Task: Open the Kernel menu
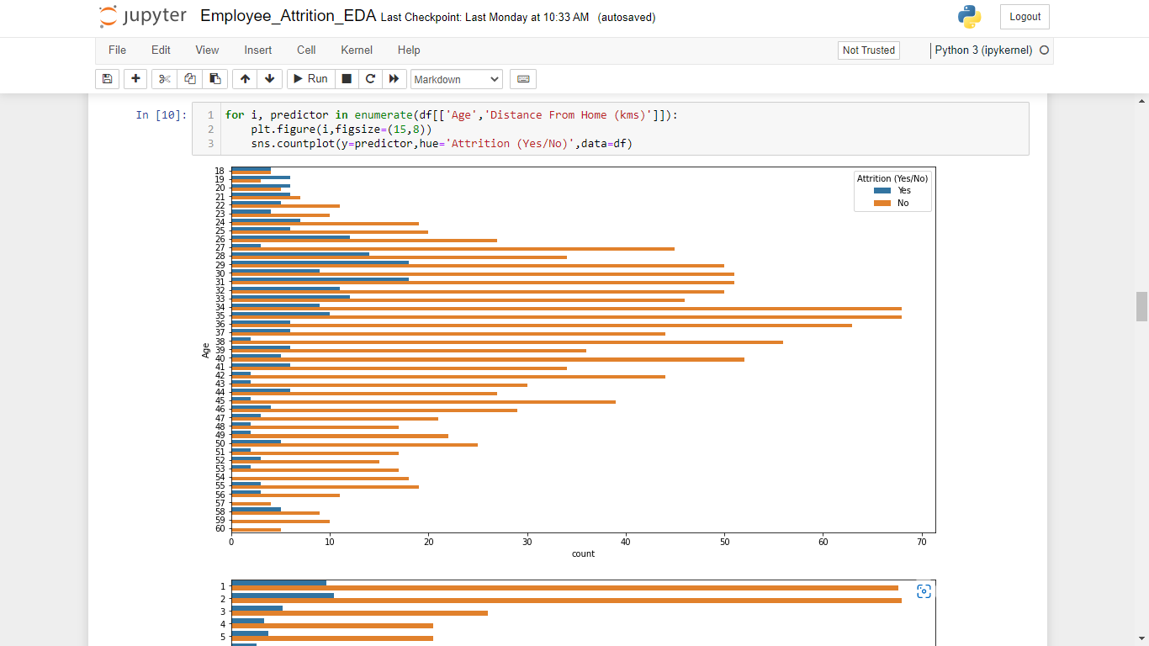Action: click(x=357, y=50)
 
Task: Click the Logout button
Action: click(x=1025, y=17)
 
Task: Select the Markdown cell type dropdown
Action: click(x=457, y=79)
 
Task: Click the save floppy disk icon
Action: click(x=107, y=79)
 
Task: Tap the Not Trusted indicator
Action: click(x=868, y=50)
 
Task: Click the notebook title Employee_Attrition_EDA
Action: click(x=289, y=17)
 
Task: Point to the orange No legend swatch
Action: click(x=882, y=203)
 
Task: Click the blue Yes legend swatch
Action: click(x=882, y=191)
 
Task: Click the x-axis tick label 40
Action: click(x=626, y=541)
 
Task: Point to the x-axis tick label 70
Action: click(x=921, y=541)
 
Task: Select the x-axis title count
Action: click(x=583, y=553)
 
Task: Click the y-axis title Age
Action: click(x=205, y=350)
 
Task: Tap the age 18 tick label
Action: click(x=220, y=171)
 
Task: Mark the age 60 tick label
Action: click(x=220, y=529)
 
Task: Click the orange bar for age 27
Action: click(x=454, y=248)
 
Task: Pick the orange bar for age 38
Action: click(x=505, y=342)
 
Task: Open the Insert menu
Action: click(x=257, y=50)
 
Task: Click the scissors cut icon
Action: click(x=164, y=79)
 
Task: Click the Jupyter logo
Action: click(x=142, y=17)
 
